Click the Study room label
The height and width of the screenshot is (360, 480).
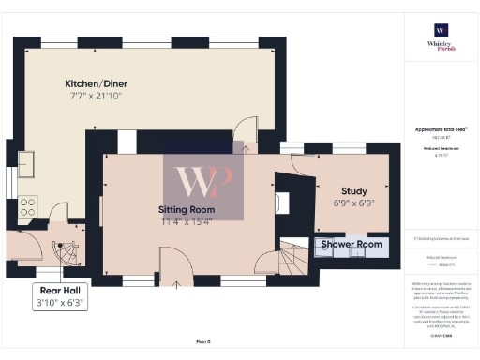(353, 190)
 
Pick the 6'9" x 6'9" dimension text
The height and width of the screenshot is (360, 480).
(353, 202)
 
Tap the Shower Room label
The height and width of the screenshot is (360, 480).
(352, 245)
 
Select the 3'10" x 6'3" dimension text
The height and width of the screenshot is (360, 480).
(60, 303)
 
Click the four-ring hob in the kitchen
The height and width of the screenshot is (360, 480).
(28, 206)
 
